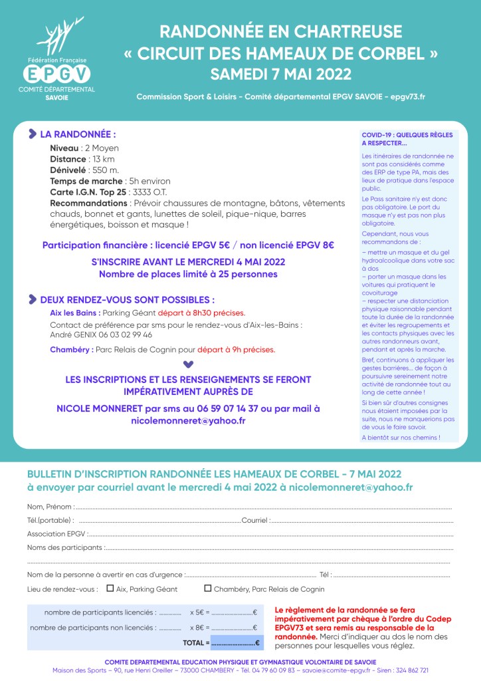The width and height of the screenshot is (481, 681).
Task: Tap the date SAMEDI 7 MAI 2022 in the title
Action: pyautogui.click(x=280, y=72)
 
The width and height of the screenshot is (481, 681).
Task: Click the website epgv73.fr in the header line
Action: pyautogui.click(x=408, y=97)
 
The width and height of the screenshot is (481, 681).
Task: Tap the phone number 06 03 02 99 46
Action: pyautogui.click(x=122, y=335)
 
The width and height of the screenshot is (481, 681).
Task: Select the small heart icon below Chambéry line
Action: pyautogui.click(x=188, y=364)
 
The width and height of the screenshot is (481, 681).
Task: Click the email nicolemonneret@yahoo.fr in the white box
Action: pyautogui.click(x=188, y=421)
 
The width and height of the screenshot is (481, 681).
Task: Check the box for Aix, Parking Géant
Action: pyautogui.click(x=110, y=589)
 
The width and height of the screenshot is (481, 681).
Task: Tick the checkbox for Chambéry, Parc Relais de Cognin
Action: pyautogui.click(x=208, y=589)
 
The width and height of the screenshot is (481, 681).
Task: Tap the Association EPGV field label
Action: pyautogui.click(x=56, y=533)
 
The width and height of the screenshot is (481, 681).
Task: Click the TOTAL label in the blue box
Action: pyautogui.click(x=196, y=643)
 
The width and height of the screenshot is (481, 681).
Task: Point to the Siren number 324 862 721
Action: pyautogui.click(x=411, y=670)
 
